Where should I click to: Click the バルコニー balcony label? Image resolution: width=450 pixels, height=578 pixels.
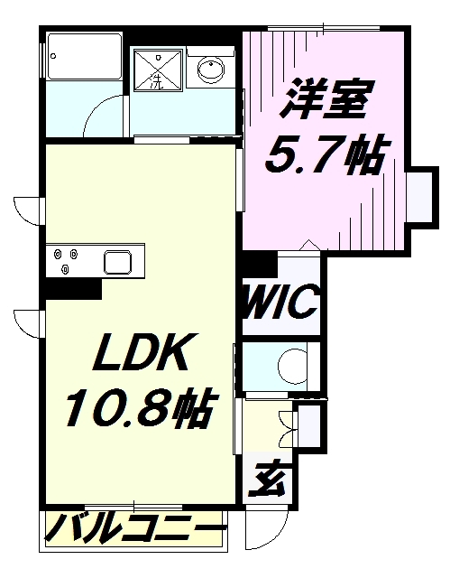[x=133, y=527]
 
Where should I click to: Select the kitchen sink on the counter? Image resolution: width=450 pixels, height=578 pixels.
[x=120, y=263]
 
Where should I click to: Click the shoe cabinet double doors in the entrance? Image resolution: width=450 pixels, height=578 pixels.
[x=289, y=424]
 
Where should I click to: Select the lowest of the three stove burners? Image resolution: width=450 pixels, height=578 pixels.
[x=67, y=268]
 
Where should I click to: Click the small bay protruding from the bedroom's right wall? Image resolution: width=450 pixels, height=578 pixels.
[x=420, y=194]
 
